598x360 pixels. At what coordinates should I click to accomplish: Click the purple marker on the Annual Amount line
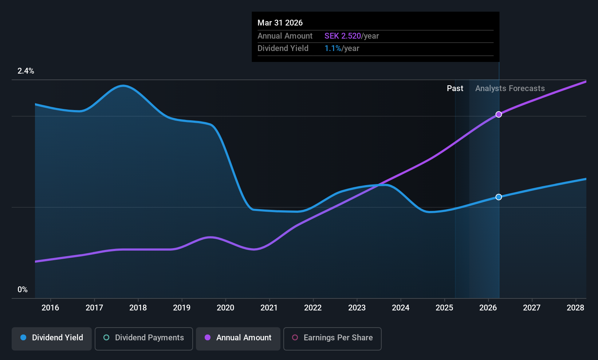click(499, 114)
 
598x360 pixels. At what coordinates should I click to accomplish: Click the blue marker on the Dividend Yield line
click(499, 197)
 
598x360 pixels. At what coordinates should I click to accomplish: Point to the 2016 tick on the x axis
click(50, 308)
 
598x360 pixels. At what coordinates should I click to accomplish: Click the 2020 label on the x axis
click(225, 308)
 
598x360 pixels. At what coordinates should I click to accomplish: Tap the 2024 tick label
click(401, 308)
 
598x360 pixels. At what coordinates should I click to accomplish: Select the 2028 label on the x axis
click(575, 308)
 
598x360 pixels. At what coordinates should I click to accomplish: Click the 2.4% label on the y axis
click(26, 71)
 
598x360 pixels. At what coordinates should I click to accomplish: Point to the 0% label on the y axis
click(23, 290)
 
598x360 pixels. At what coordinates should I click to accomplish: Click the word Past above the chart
click(455, 89)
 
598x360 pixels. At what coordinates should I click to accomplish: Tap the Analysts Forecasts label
click(510, 89)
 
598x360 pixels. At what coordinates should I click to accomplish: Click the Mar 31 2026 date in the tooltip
click(280, 23)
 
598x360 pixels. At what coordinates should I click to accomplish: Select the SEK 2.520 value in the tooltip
click(342, 36)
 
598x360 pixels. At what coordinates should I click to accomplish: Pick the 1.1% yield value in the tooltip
click(333, 48)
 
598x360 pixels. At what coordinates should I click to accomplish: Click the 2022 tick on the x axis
click(313, 308)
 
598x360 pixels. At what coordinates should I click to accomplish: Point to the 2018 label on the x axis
click(138, 308)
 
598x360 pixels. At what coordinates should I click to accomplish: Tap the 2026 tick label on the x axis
click(488, 308)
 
